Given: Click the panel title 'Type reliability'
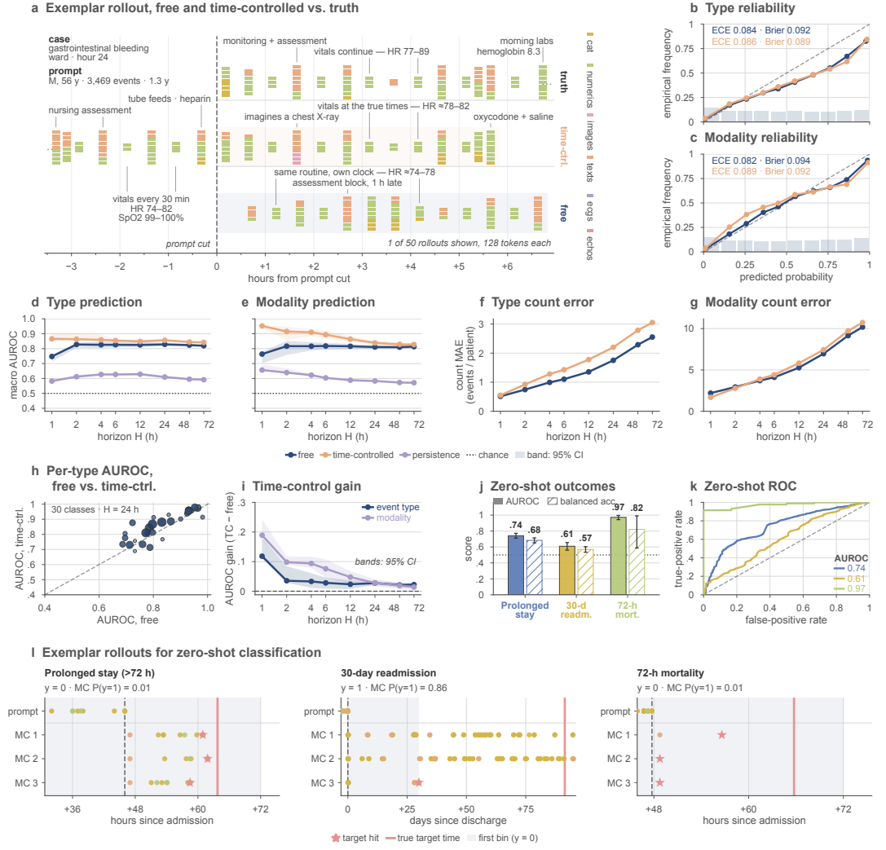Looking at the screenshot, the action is pos(750,8).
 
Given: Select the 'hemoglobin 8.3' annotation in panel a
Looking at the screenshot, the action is pos(509,51).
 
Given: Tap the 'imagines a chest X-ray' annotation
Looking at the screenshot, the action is pos(292,117).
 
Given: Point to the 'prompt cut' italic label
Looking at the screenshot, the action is pos(187,244).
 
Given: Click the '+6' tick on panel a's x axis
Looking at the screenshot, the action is pos(507,266).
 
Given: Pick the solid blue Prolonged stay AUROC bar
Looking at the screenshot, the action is pos(515,565).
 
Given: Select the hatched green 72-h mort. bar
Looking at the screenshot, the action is pos(637,562).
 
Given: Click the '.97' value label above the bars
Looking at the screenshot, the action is pos(618,507).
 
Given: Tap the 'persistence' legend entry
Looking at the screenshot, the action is pos(430,456).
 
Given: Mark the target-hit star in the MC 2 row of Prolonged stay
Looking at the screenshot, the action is pos(207,759).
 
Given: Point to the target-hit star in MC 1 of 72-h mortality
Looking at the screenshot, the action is pos(721,735).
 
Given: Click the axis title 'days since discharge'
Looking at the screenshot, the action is pos(458,821).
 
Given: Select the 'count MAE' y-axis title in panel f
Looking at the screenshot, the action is pos(459,365).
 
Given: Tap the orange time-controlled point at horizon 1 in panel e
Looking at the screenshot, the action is pos(262,326).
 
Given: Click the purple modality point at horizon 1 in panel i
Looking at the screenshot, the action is pos(262,535).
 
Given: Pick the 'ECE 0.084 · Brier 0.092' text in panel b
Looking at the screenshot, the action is pos(760,30).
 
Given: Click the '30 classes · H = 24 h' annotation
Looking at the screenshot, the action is pos(95,509).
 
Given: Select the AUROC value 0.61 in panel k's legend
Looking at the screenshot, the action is pos(856,579).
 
